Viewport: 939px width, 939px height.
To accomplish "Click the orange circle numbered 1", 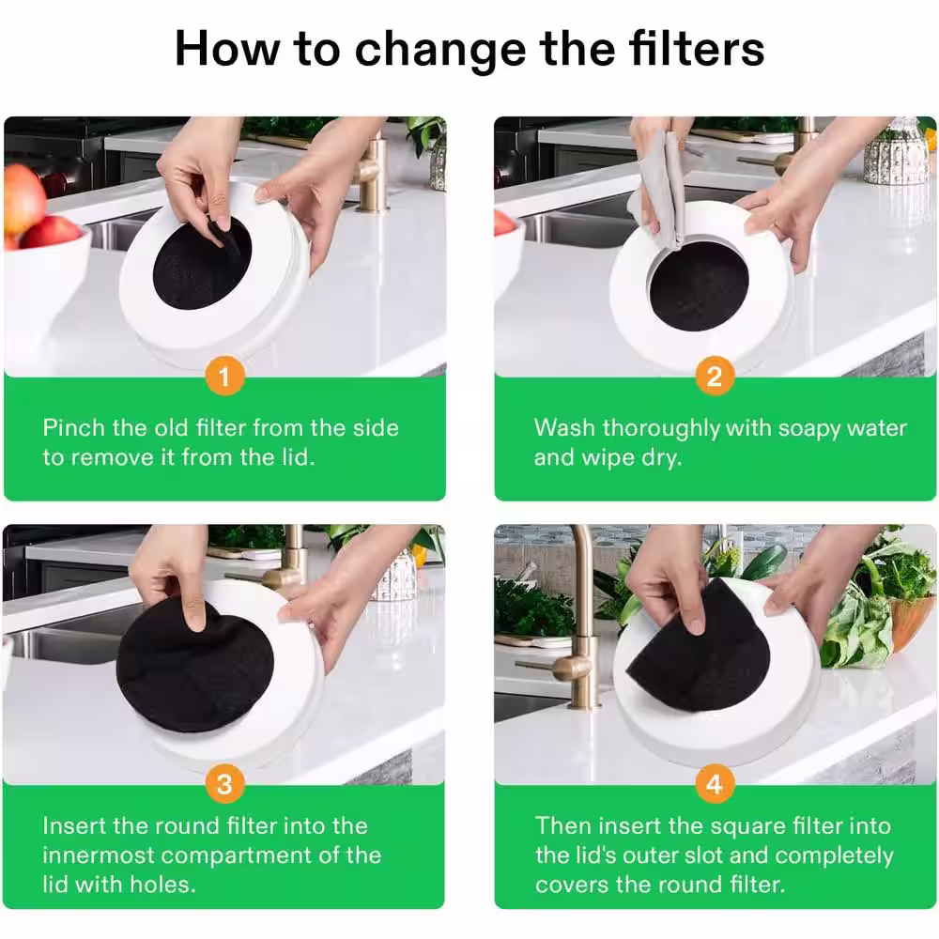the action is [224, 377].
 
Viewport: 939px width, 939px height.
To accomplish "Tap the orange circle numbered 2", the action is [715, 377].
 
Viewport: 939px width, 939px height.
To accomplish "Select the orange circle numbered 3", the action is [224, 784].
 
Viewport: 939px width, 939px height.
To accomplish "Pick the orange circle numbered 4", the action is [715, 784].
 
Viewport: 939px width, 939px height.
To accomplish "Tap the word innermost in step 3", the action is [99, 855].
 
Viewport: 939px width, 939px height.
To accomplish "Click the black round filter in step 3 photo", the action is [194, 665].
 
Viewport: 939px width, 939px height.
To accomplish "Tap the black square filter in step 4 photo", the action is [699, 650].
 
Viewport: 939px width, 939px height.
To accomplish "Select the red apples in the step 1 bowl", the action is [36, 209].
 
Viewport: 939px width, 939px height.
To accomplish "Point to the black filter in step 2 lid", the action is [699, 286].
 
